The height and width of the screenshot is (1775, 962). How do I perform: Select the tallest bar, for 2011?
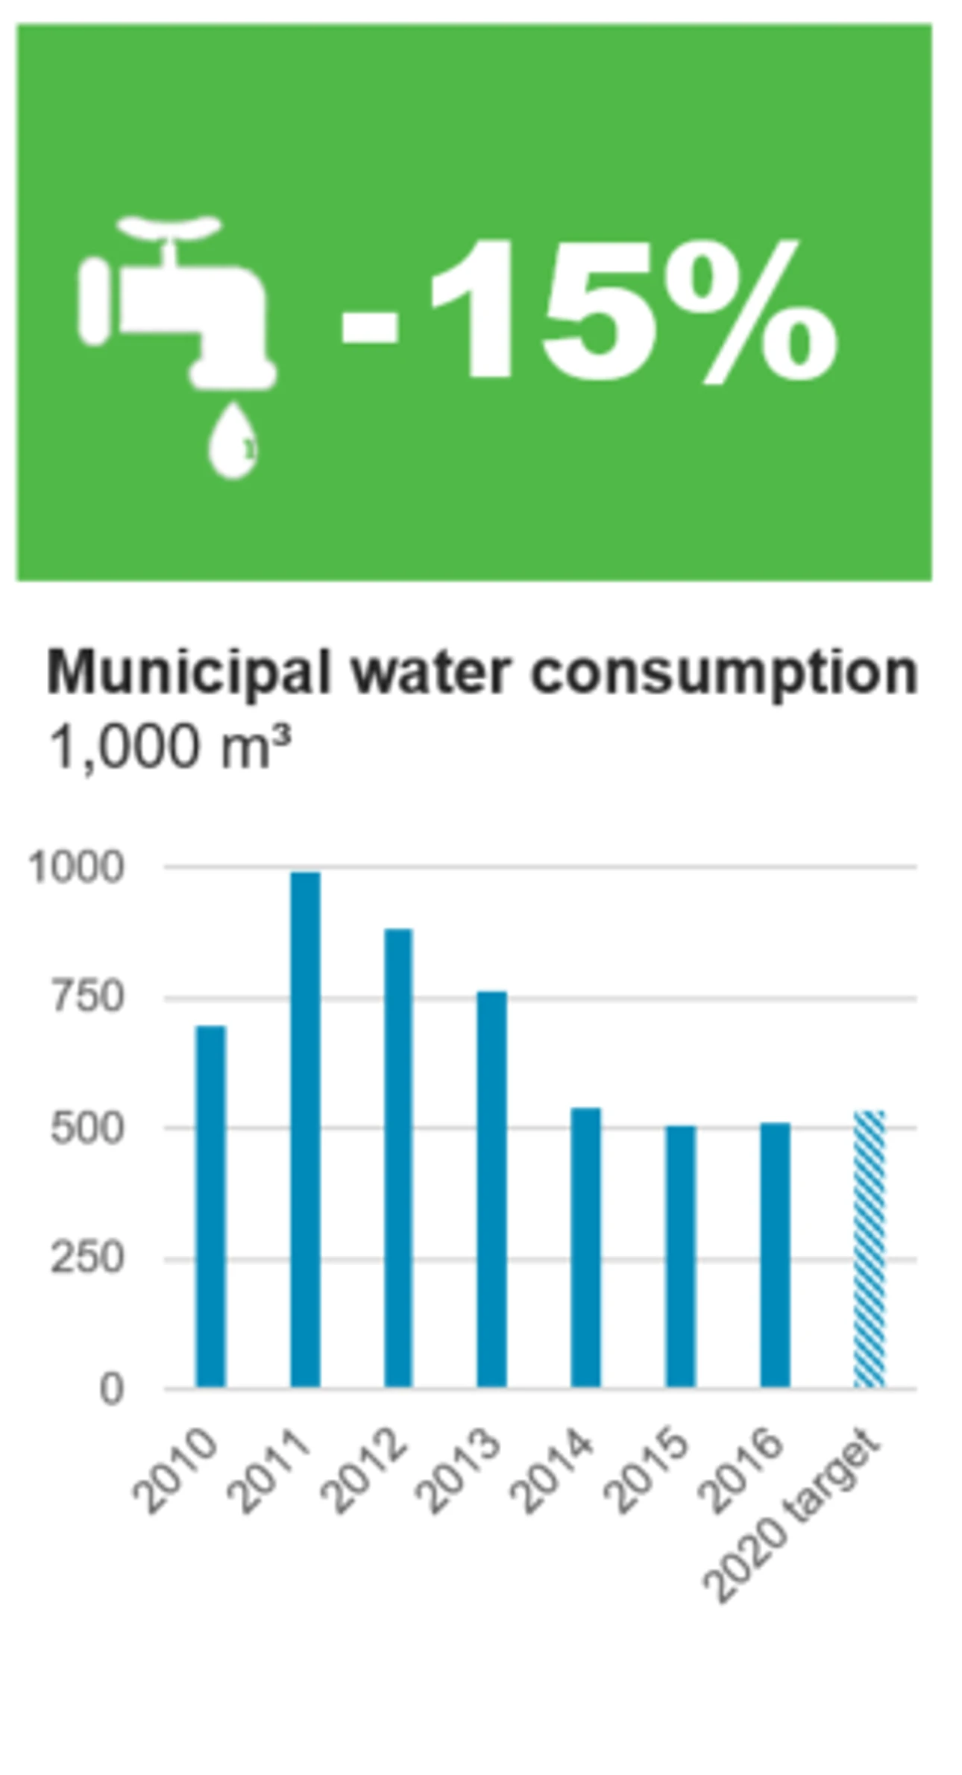305,1129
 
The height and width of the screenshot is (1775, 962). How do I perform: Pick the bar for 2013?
491,1189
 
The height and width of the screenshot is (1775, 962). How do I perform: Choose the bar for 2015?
680,1256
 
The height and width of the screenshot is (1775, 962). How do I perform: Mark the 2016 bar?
775,1254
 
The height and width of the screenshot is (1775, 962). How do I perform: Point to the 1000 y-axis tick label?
75,867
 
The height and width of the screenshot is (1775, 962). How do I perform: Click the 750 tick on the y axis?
87,997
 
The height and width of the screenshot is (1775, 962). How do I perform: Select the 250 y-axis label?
87,1259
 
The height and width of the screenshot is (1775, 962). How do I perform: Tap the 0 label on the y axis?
111,1389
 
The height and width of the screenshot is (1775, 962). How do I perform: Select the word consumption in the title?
723,673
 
